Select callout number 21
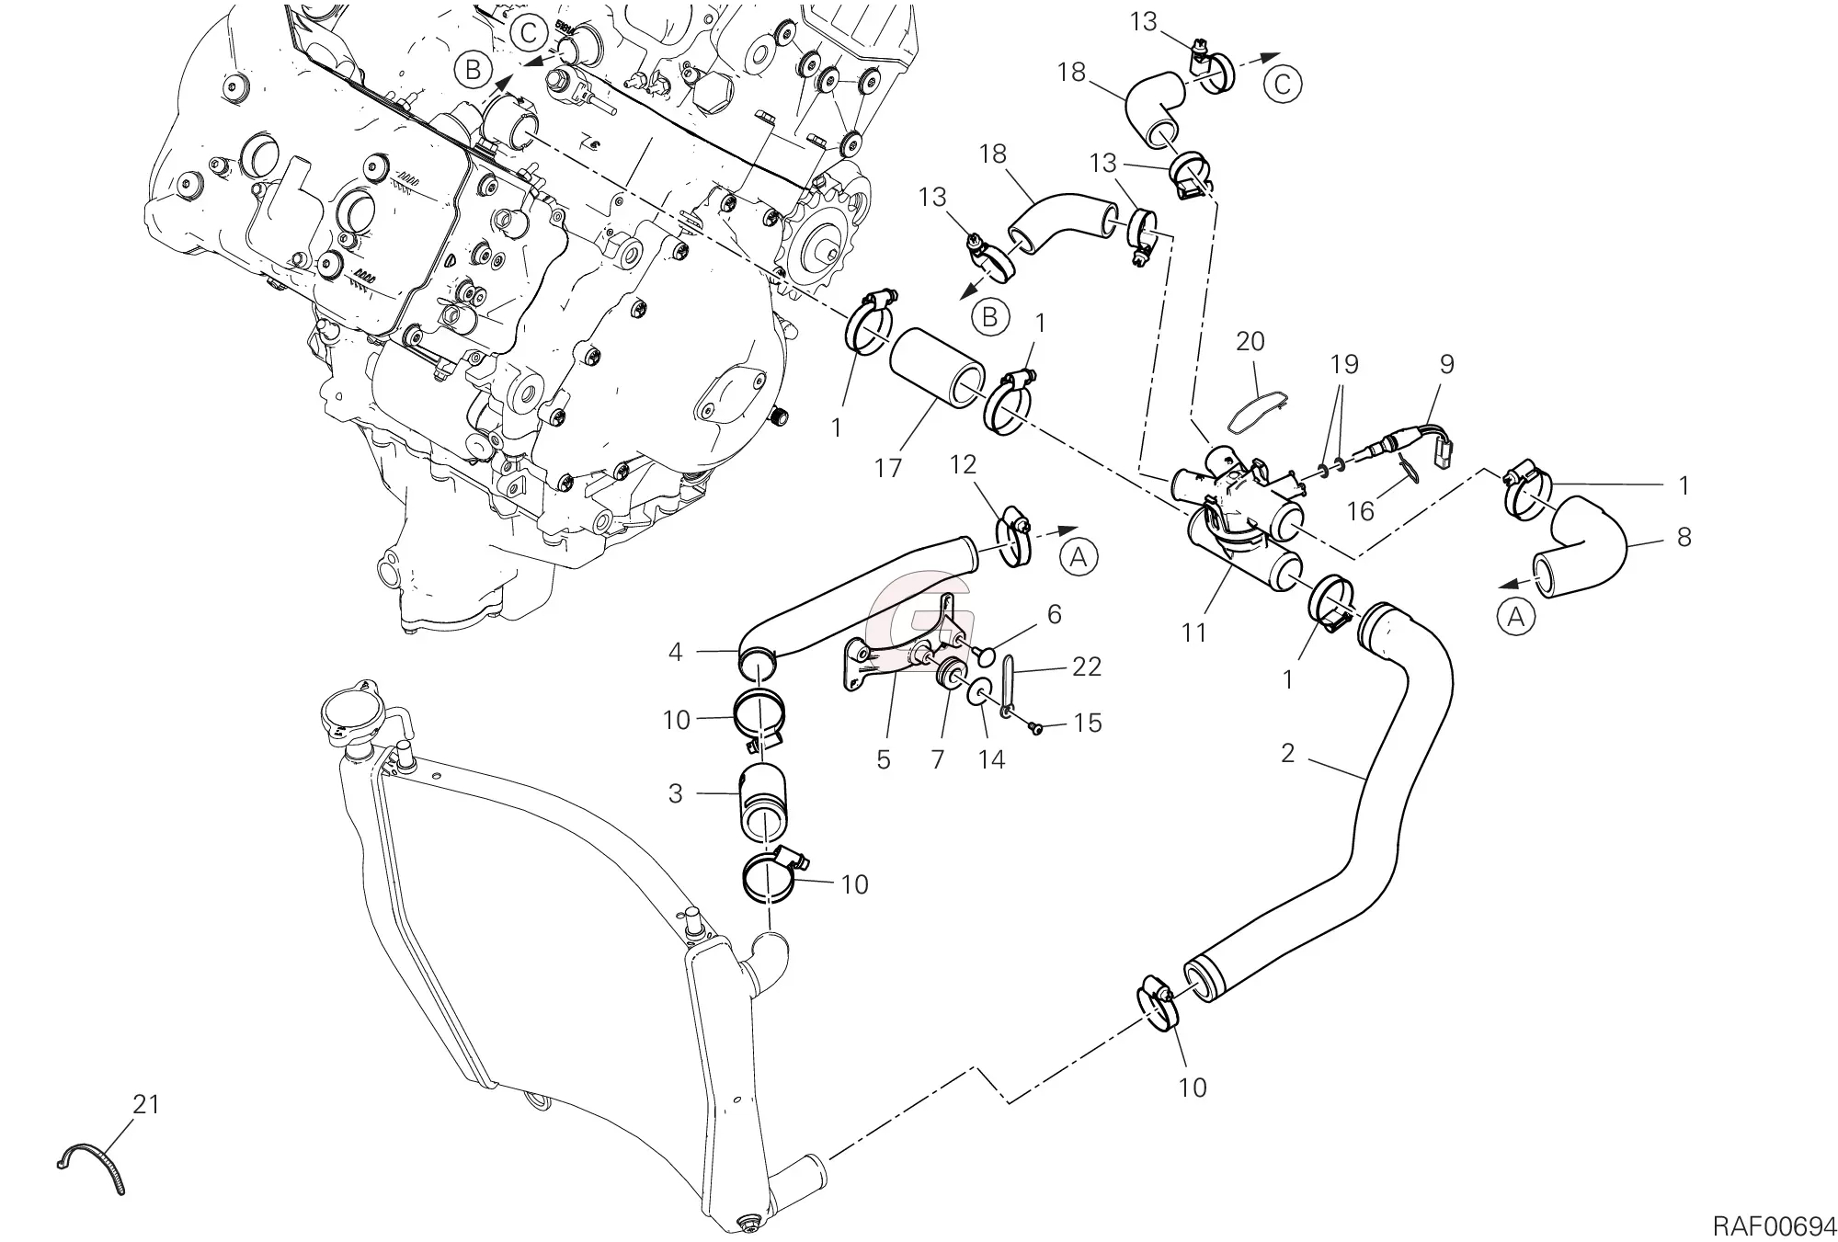(x=146, y=1104)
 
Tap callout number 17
(x=888, y=469)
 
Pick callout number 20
(x=1250, y=341)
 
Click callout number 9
(x=1447, y=364)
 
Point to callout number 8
(x=1684, y=537)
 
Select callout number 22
(x=1087, y=667)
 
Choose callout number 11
(x=1193, y=632)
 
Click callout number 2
(x=1287, y=754)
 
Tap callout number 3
(x=676, y=793)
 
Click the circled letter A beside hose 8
(x=1516, y=618)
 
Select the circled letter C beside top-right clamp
(x=1284, y=85)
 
